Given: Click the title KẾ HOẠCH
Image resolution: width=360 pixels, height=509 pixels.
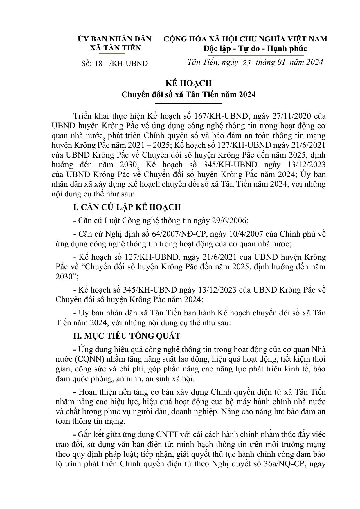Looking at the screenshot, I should click(x=188, y=83).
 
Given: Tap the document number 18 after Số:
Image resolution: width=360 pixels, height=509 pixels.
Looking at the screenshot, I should click(x=98, y=64).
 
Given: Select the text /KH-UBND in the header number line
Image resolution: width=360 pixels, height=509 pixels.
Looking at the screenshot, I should click(x=129, y=64).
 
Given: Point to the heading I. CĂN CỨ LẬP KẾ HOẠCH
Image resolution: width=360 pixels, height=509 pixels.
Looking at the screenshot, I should click(x=127, y=207).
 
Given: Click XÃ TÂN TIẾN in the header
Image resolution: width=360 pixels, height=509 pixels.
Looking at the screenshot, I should click(x=115, y=48).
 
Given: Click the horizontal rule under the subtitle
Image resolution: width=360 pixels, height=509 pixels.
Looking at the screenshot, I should click(x=188, y=103).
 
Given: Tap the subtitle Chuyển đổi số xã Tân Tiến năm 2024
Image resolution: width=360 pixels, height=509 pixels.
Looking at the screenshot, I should click(x=188, y=95).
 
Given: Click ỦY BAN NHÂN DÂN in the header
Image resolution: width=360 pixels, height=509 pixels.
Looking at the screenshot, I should click(x=114, y=39).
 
